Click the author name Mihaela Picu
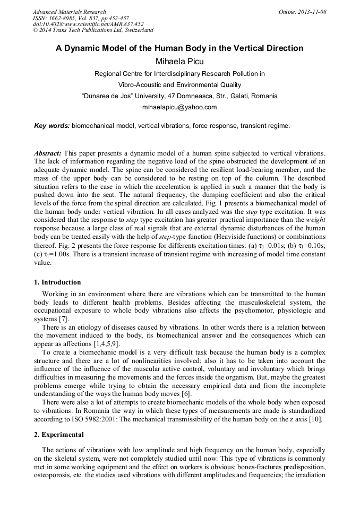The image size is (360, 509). click(x=179, y=62)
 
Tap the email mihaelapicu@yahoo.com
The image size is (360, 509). click(x=179, y=107)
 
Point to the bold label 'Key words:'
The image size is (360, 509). click(x=52, y=126)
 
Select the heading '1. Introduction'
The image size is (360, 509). click(x=57, y=282)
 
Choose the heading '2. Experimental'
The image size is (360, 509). click(x=59, y=435)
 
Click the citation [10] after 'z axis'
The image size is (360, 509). click(x=319, y=420)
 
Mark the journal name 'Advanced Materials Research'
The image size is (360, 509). click(x=70, y=12)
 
